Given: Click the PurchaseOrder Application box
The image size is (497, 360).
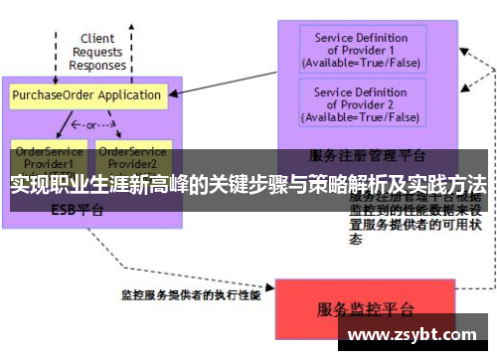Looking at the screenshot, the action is pyautogui.click(x=86, y=95).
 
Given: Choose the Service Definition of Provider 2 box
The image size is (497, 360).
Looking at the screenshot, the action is pyautogui.click(x=361, y=104).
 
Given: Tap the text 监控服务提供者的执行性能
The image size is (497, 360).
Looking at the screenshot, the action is pyautogui.click(x=190, y=295).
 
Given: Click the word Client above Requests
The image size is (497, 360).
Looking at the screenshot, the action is pyautogui.click(x=97, y=40).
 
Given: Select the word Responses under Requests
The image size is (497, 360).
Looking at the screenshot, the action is pyautogui.click(x=97, y=66).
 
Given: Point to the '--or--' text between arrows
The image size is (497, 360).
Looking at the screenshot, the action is pyautogui.click(x=86, y=126).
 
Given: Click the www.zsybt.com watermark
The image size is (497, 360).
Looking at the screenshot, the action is pyautogui.click(x=411, y=333).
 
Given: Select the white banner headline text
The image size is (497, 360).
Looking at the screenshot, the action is pyautogui.click(x=248, y=185).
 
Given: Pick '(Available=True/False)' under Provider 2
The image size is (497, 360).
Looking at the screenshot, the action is pyautogui.click(x=361, y=117).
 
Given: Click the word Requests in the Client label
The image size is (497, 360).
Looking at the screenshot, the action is pyautogui.click(x=97, y=53).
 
